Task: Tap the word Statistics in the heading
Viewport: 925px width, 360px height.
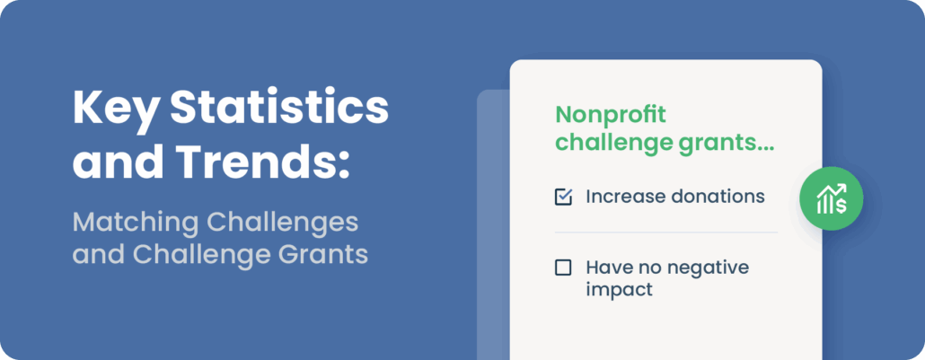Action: tap(279, 108)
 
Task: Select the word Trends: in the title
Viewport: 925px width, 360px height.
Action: tap(262, 161)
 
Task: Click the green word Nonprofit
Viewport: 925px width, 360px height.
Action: tap(611, 115)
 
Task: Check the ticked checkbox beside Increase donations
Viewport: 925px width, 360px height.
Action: tap(563, 198)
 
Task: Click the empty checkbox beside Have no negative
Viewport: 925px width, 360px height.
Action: tap(563, 268)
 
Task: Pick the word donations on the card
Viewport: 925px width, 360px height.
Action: tap(717, 197)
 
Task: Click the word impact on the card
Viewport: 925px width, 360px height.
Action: tap(620, 290)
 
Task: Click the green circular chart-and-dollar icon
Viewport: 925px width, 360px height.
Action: tap(832, 199)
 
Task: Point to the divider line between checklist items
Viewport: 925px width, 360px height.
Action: tap(666, 233)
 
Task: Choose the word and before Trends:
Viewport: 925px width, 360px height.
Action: tap(118, 161)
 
